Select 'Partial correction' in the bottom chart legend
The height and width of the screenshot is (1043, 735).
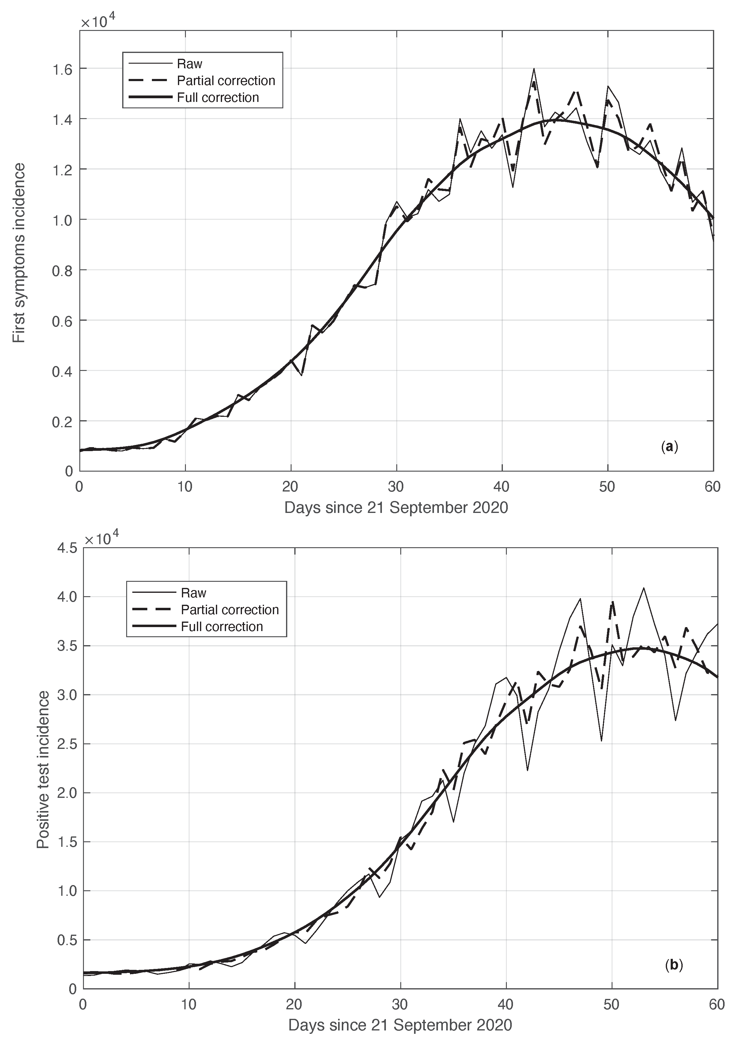(230, 610)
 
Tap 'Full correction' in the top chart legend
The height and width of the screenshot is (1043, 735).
(218, 98)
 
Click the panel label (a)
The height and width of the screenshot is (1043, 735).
(669, 447)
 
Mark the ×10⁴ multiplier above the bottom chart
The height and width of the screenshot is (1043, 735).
(102, 538)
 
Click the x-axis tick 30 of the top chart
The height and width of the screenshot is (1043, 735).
(396, 487)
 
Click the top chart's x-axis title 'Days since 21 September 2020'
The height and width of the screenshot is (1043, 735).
(396, 507)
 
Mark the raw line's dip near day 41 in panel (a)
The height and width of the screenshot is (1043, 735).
(513, 187)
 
